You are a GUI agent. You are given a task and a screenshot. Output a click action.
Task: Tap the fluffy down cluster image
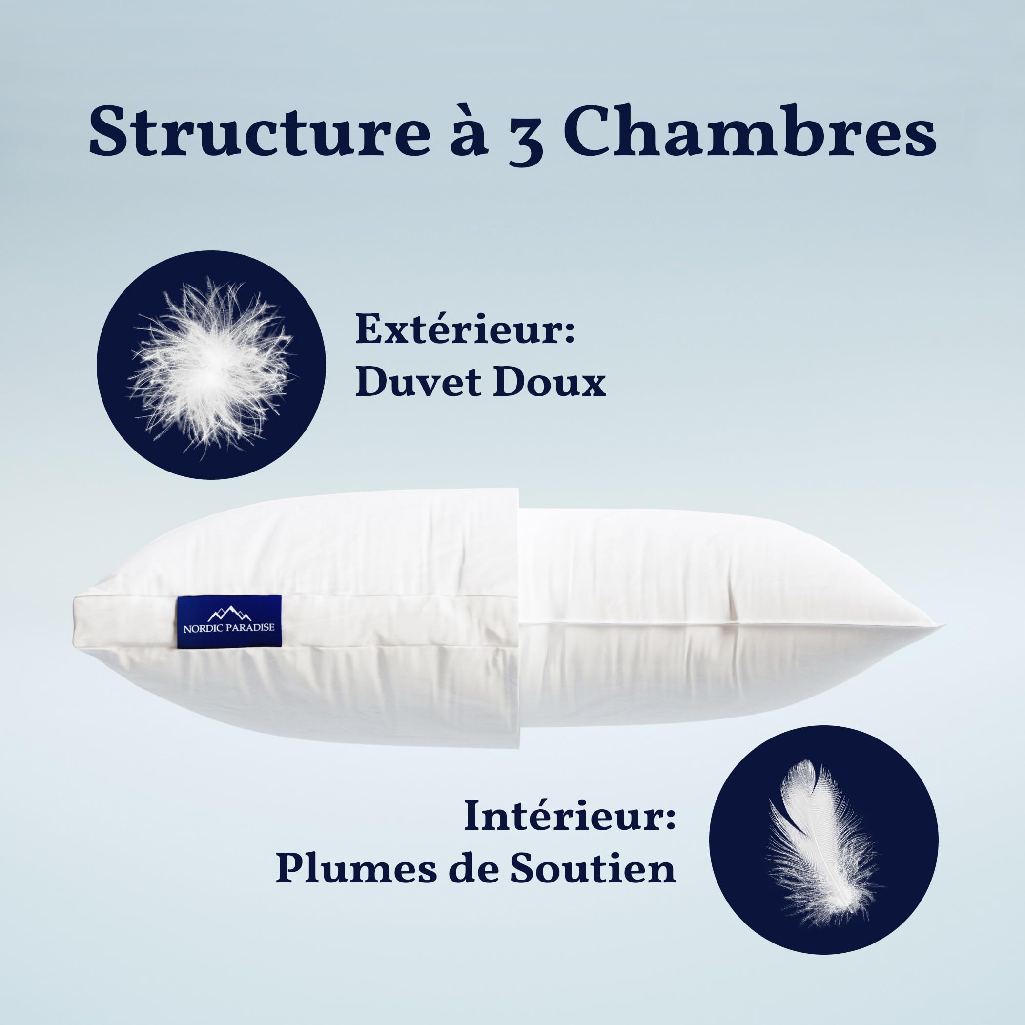click(211, 365)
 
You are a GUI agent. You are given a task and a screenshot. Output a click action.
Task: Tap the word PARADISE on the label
click(250, 628)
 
